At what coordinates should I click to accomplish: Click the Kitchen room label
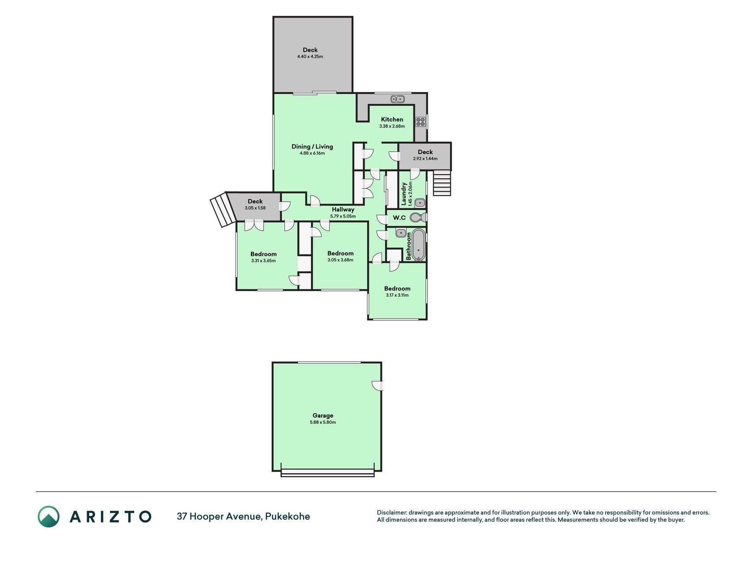tap(392, 119)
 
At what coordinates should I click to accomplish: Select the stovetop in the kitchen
tap(421, 122)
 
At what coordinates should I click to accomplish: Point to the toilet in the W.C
tap(417, 217)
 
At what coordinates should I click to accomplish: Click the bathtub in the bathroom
tap(419, 245)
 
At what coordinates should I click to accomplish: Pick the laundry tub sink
tap(420, 203)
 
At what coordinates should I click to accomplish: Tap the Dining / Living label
tap(312, 147)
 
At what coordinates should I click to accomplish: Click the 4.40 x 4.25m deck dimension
tap(310, 56)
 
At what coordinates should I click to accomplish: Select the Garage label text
tap(323, 415)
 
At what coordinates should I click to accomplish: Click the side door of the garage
tap(378, 386)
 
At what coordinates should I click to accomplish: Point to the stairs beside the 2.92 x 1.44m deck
tap(442, 183)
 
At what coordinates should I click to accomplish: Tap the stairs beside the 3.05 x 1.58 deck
tap(222, 210)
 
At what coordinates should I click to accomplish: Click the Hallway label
tap(343, 210)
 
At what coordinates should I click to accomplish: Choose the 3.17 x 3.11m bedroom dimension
tap(397, 295)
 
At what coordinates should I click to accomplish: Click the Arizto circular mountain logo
tap(49, 516)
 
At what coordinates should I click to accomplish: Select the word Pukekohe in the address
tap(288, 516)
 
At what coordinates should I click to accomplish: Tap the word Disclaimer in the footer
tap(391, 512)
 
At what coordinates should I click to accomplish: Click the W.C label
tap(399, 218)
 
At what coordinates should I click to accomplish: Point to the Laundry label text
tap(403, 194)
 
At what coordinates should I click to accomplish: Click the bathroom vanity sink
tap(401, 233)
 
